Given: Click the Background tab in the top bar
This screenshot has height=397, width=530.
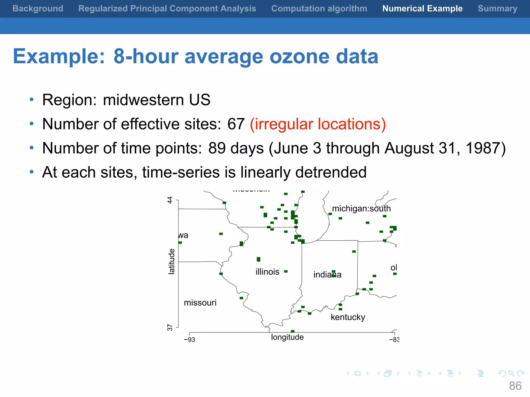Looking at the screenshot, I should point(38,9).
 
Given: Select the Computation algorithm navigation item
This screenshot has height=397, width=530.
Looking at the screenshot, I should point(319,9).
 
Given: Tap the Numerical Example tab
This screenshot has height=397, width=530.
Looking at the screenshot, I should point(422,9).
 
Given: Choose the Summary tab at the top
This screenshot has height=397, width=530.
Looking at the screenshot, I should point(497,9).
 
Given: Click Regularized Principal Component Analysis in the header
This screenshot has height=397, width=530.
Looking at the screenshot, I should point(167,9).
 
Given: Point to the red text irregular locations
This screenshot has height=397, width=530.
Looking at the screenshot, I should point(318,124).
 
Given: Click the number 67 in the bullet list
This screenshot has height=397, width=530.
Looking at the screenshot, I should point(236,124).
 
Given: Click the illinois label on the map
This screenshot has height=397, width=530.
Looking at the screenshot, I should point(267,272).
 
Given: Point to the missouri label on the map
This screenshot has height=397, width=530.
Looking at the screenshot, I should point(200,303).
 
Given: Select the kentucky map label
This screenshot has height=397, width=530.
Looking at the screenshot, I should point(348,317).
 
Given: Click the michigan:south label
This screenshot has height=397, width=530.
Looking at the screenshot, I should point(361,209).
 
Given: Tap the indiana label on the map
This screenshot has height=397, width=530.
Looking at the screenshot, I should point(327,274).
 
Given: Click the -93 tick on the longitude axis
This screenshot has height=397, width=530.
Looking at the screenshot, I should point(190,340).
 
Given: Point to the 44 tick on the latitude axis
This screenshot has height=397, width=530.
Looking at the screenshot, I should point(170,200).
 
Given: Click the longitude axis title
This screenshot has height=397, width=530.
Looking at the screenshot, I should point(287,337).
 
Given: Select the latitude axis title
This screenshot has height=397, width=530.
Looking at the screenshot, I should point(172,261).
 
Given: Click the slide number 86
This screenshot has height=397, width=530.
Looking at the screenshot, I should point(515,386).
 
